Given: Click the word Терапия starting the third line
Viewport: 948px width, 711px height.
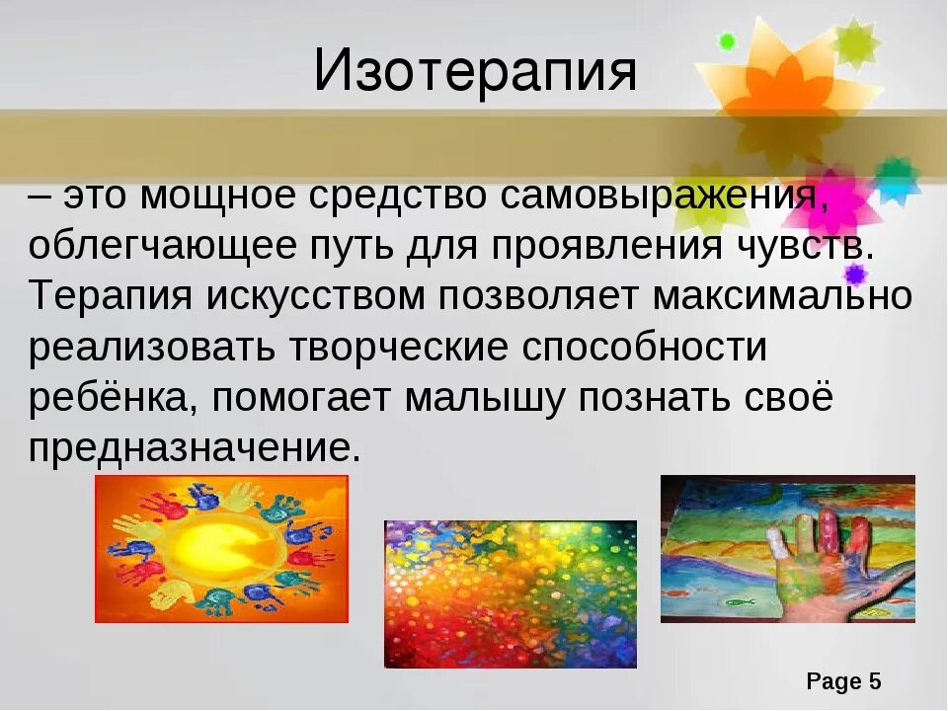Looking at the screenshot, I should pyautogui.click(x=112, y=296).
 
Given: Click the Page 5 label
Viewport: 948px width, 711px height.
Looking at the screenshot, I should pyautogui.click(x=842, y=681).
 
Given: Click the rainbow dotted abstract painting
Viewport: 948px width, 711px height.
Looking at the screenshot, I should pyautogui.click(x=511, y=593).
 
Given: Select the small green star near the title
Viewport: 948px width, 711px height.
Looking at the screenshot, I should pyautogui.click(x=728, y=41).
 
